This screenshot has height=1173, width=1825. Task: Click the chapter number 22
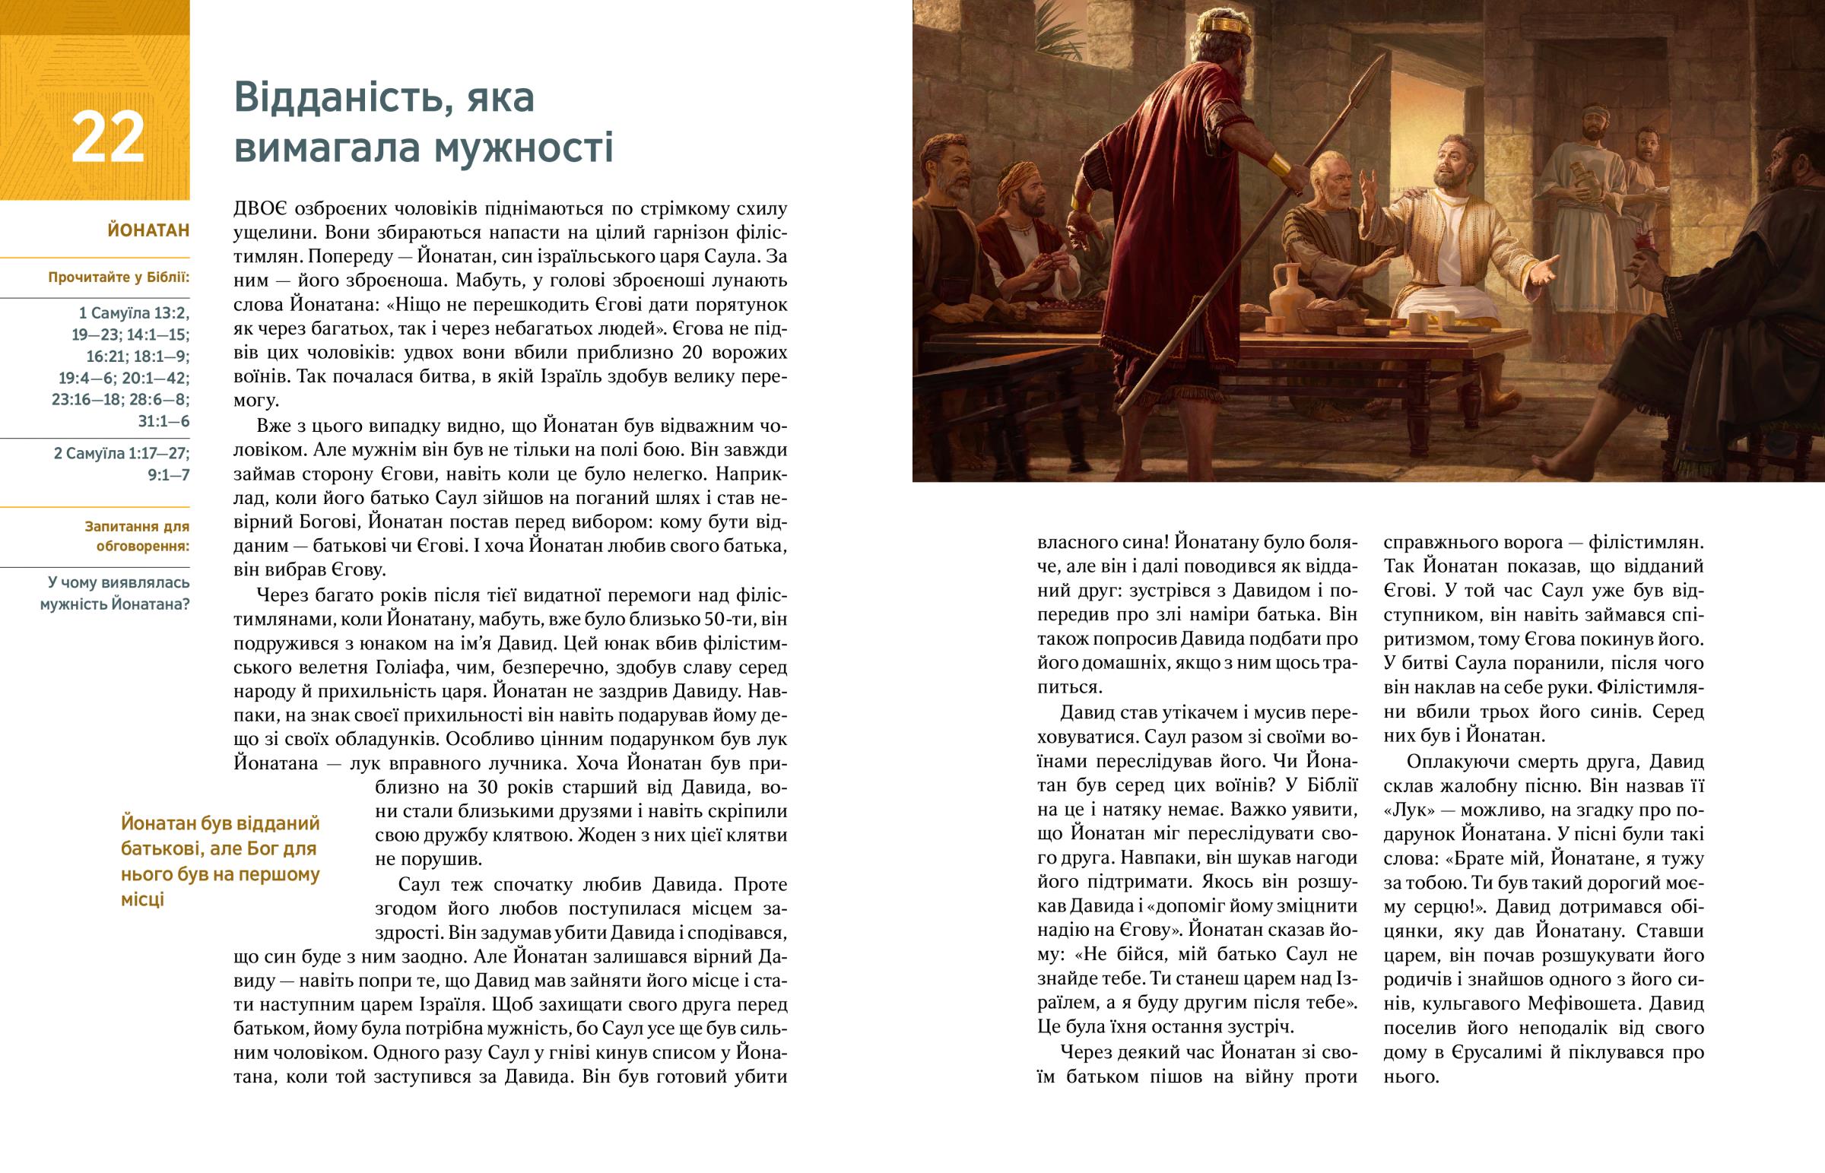[107, 138]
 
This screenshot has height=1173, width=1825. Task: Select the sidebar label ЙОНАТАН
[148, 230]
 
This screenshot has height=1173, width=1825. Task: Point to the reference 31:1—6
[163, 421]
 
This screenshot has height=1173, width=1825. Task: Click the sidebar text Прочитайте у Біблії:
[119, 277]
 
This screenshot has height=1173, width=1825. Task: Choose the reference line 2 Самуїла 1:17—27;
[122, 453]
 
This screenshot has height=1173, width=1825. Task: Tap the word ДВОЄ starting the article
[260, 209]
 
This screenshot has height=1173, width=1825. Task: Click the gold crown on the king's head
[1223, 23]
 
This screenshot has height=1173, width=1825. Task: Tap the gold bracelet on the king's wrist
[1278, 165]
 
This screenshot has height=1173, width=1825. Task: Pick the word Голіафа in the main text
[417, 667]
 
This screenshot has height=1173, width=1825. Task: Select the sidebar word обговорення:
[143, 546]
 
